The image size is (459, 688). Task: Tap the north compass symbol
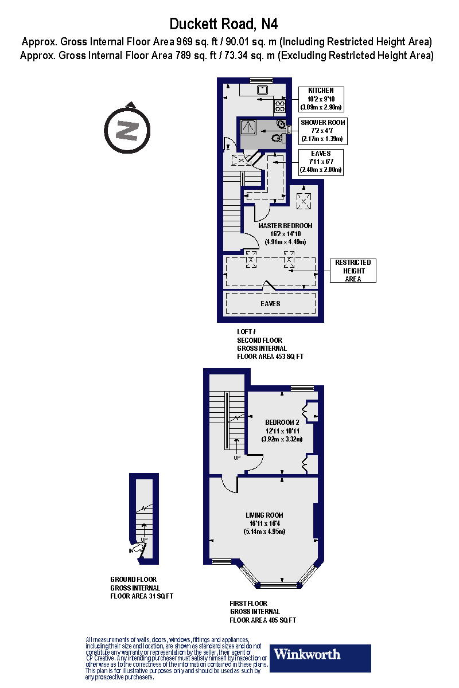127,129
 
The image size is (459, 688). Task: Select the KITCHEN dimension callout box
321,99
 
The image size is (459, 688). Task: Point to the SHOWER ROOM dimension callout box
323,131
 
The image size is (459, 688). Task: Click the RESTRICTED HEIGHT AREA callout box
353,271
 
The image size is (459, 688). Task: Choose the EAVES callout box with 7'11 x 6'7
321,162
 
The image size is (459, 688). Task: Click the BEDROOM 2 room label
282,423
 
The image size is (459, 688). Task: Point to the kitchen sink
263,89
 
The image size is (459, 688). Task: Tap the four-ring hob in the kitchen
281,105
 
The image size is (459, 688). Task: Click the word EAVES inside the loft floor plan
270,303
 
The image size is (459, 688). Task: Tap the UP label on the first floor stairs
237,458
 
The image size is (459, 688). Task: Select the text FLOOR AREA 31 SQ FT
142,596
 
